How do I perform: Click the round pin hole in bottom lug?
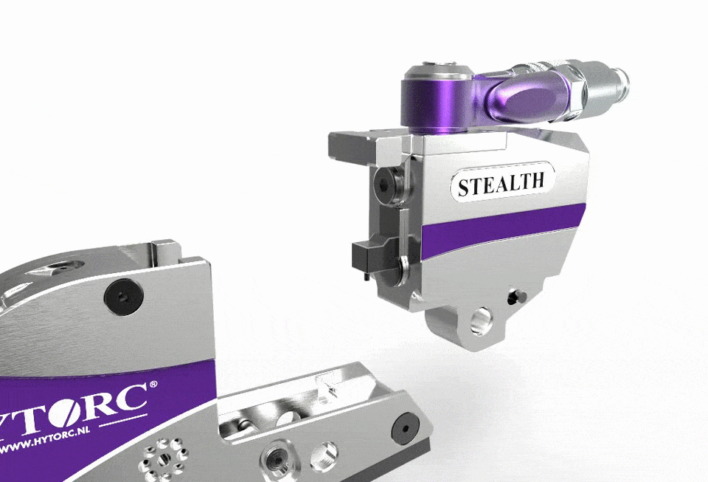click(x=481, y=322)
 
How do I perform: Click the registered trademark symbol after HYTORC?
click(x=153, y=385)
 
